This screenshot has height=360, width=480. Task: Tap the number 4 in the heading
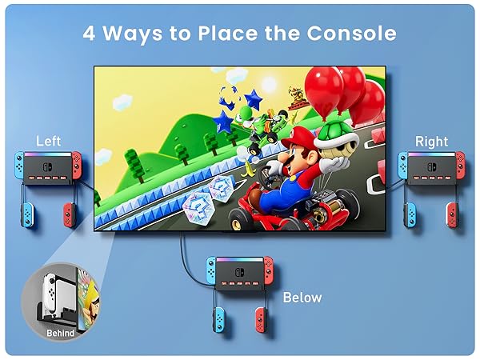(x=90, y=33)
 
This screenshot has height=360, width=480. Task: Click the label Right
(x=431, y=141)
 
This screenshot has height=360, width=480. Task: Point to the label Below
(x=302, y=298)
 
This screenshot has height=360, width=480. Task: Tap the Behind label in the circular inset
(x=60, y=333)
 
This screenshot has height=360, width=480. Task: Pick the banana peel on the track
(x=250, y=168)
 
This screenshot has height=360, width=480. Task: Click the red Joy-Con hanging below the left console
(x=69, y=214)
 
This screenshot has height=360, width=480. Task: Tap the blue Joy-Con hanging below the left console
(x=26, y=214)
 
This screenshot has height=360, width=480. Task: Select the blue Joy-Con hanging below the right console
(x=410, y=214)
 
